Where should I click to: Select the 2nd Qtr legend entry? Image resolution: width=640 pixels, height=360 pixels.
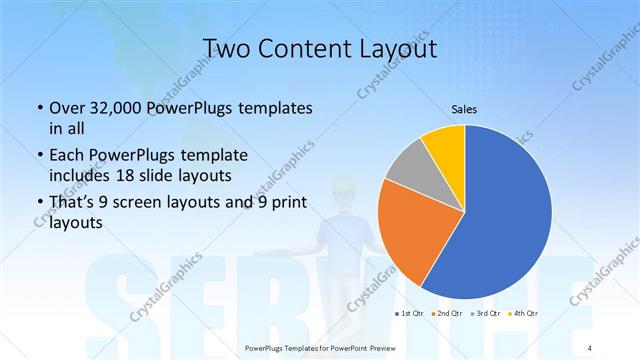[450, 315]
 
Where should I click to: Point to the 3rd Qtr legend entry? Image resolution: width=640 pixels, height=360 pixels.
[488, 315]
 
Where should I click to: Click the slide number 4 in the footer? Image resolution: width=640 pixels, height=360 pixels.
[590, 348]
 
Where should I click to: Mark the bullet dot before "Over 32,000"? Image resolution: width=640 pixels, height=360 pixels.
[38, 108]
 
